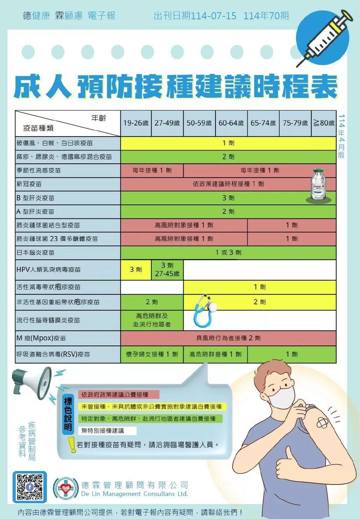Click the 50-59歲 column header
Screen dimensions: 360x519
tap(199, 123)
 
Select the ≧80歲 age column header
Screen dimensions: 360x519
tap(324, 123)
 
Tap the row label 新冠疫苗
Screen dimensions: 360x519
tap(29, 184)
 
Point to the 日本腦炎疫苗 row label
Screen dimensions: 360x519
tap(35, 253)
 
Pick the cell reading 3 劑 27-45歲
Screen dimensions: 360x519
tap(167, 270)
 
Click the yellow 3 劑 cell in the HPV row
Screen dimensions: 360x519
tap(136, 270)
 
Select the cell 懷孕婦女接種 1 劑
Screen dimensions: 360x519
tap(152, 354)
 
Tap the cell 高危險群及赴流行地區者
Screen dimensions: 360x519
tap(152, 320)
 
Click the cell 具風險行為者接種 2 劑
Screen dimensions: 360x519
tap(228, 338)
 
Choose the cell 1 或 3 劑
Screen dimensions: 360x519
tap(228, 253)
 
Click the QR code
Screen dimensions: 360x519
tap(30, 487)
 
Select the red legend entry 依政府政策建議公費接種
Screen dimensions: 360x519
tap(119, 394)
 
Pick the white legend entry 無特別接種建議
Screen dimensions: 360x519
tap(107, 431)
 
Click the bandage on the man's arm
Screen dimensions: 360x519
tap(323, 423)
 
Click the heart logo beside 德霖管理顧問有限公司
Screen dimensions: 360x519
tap(66, 488)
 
